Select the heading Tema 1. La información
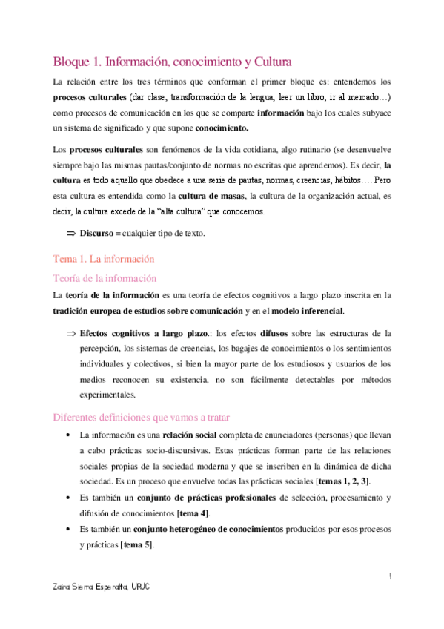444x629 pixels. [104, 260]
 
